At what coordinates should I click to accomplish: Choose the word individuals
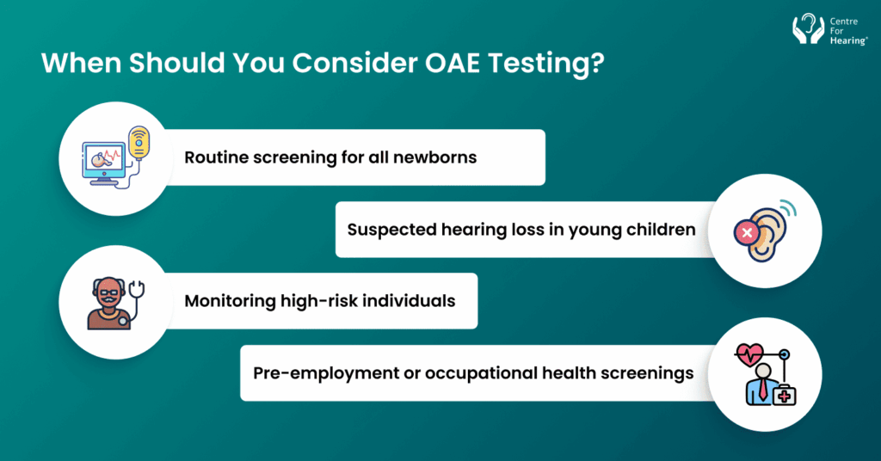(412, 301)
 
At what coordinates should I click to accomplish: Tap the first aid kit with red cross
(784, 394)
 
